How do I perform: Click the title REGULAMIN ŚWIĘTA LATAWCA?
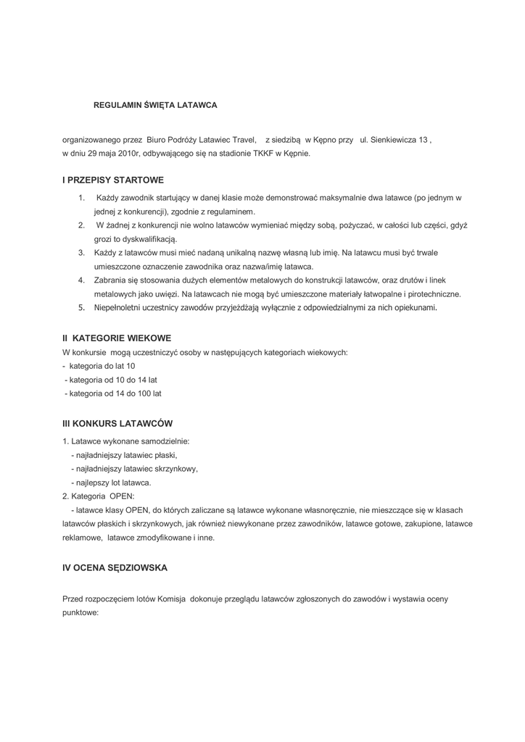pos(155,105)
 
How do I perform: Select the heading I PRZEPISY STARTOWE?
pos(113,180)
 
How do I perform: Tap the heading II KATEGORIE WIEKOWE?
pos(117,338)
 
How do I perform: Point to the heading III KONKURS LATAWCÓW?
pos(117,423)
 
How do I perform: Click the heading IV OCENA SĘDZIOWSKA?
pos(115,568)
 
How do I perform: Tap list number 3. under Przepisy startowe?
pos(82,253)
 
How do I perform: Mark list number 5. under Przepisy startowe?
pos(82,308)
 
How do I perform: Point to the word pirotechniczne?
pos(429,294)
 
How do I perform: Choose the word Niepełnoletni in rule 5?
pos(119,308)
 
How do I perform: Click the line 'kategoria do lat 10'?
pos(102,366)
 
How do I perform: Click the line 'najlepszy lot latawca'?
pos(111,482)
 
